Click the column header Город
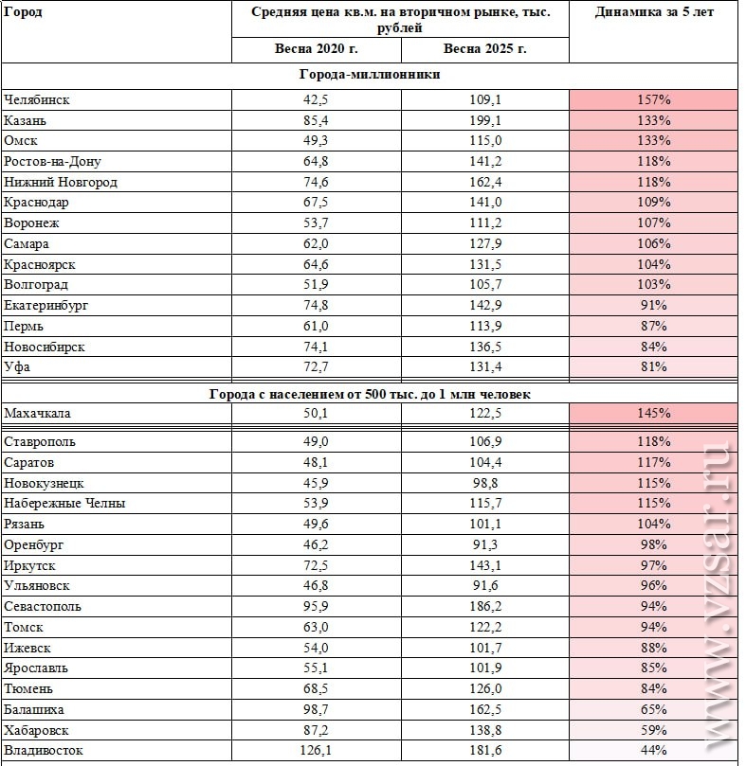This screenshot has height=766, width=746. pos(23,11)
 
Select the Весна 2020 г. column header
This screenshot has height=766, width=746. pos(316,49)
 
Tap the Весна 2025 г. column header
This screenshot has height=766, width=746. pos(484,49)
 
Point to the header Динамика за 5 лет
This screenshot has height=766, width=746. pos(654,12)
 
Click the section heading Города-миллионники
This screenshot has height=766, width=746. pos(370,74)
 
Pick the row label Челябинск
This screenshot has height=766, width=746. pos(37,100)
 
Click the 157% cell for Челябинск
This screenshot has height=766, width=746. pos(653,100)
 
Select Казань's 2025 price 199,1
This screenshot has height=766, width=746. pos(485,120)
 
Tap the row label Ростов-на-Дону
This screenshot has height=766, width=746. pos(52,162)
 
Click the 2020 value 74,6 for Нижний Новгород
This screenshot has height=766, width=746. pos(316,182)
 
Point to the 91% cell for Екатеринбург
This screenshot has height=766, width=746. pos(653,305)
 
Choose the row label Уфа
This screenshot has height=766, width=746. pos(17,366)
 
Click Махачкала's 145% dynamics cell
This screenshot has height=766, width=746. pos(653,413)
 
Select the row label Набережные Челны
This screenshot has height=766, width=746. pos(64,503)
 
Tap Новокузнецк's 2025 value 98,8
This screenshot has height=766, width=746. pos(485,483)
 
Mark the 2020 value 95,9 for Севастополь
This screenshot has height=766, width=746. pos(316,606)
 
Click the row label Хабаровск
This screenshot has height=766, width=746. pos(36,731)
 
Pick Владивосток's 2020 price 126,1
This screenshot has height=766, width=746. pos(316,750)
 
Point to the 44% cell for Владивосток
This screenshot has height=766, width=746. pos(653,750)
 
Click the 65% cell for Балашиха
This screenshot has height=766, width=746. pos(653,710)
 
